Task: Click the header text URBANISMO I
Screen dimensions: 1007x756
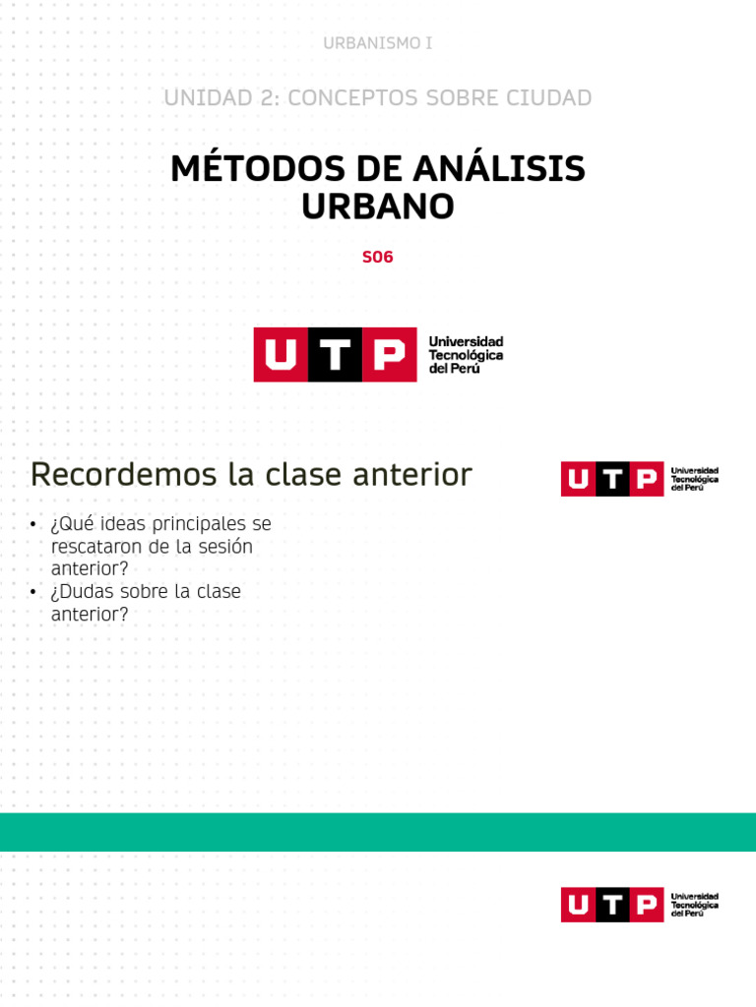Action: pyautogui.click(x=377, y=43)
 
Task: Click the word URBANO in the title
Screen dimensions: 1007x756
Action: pyautogui.click(x=377, y=207)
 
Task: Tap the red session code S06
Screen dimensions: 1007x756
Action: pyautogui.click(x=377, y=258)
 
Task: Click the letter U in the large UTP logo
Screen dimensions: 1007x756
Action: pyautogui.click(x=281, y=355)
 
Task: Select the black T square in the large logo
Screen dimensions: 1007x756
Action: pyautogui.click(x=335, y=355)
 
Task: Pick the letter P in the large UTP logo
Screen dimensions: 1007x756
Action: pyautogui.click(x=389, y=355)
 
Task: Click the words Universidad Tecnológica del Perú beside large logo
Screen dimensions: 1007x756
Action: pyautogui.click(x=466, y=355)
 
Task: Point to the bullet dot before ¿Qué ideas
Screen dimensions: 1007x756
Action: pyautogui.click(x=33, y=525)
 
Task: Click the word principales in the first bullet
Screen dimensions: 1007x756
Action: pyautogui.click(x=212, y=524)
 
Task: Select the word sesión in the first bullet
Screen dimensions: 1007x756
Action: pyautogui.click(x=226, y=547)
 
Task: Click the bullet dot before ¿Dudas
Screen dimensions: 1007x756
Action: pyautogui.click(x=33, y=593)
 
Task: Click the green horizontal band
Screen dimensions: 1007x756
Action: pyautogui.click(x=378, y=832)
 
